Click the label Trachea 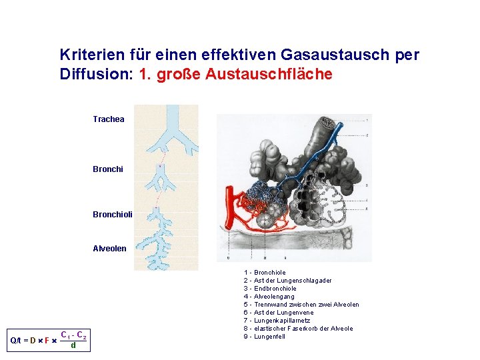tap(108, 119)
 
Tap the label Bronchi tap(107, 169)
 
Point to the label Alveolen tap(109, 249)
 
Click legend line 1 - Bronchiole tap(265, 273)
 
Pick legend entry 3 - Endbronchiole tap(270, 289)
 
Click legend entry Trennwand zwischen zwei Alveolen tap(306, 305)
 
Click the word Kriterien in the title tap(88, 55)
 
